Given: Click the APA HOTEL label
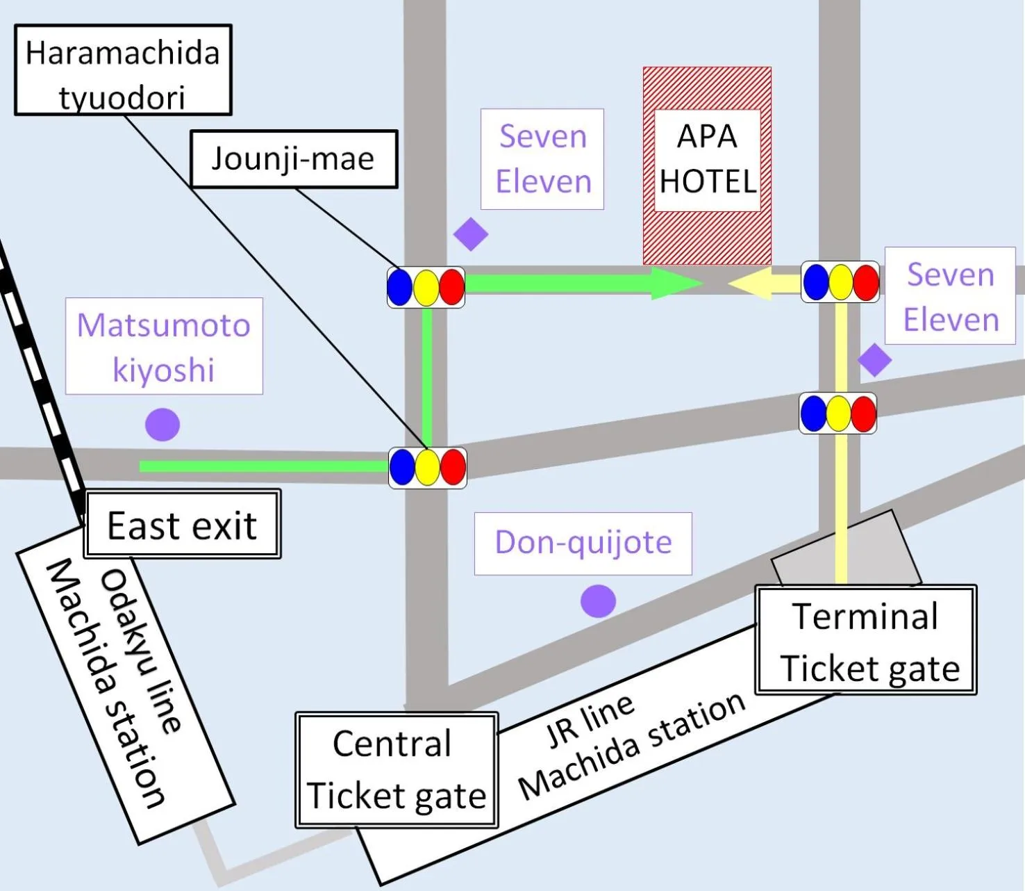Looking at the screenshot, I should tap(707, 159).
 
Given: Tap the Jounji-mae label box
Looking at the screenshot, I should tap(294, 159).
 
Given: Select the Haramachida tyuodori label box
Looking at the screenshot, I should tap(123, 70).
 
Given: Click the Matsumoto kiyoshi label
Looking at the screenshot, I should tap(164, 346).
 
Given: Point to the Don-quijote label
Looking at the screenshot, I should tap(583, 543).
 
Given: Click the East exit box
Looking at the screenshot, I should tap(182, 525).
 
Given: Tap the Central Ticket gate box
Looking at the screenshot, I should tap(397, 769).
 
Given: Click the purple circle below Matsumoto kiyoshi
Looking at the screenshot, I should tap(162, 425).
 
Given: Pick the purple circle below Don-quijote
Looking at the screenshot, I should tap(598, 601).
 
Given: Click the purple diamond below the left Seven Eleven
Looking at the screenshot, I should tap(471, 234).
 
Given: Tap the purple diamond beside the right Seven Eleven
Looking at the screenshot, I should tap(874, 360).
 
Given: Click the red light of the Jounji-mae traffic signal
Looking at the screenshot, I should tap(452, 287).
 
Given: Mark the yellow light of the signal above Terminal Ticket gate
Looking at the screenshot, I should tap(838, 414).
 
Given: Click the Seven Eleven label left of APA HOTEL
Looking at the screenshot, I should tap(542, 159).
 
